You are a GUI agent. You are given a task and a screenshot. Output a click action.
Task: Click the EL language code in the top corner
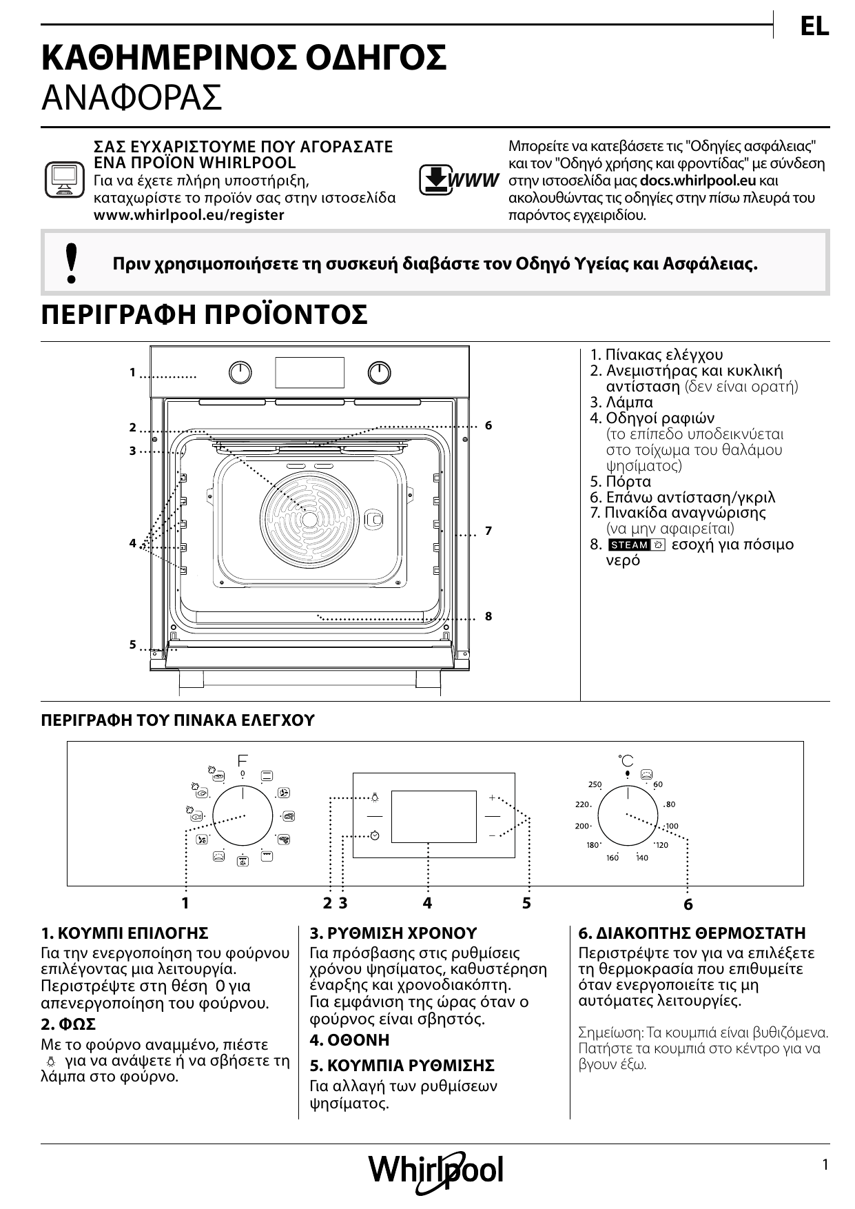(x=814, y=27)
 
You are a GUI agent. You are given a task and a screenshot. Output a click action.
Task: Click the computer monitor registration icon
(x=63, y=180)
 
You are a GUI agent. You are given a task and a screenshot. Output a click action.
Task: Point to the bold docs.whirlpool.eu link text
(x=698, y=181)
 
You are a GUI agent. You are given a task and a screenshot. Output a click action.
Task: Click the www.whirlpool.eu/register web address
(x=189, y=215)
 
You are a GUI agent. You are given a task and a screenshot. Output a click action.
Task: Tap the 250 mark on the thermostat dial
(x=595, y=784)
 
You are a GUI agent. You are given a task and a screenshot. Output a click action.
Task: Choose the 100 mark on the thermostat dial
(x=671, y=826)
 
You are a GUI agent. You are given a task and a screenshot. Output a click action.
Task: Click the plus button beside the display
(x=492, y=797)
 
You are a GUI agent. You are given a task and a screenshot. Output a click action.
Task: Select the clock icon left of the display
(x=374, y=835)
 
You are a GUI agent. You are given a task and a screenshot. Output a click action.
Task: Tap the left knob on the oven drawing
(x=240, y=373)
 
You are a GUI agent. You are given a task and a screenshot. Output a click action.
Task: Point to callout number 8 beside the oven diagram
(x=488, y=616)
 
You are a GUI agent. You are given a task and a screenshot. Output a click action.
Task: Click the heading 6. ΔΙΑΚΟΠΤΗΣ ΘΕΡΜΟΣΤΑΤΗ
(x=692, y=933)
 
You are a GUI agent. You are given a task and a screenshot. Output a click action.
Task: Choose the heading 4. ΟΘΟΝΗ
(x=349, y=1040)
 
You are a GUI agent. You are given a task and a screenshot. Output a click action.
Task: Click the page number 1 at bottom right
(x=825, y=1165)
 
